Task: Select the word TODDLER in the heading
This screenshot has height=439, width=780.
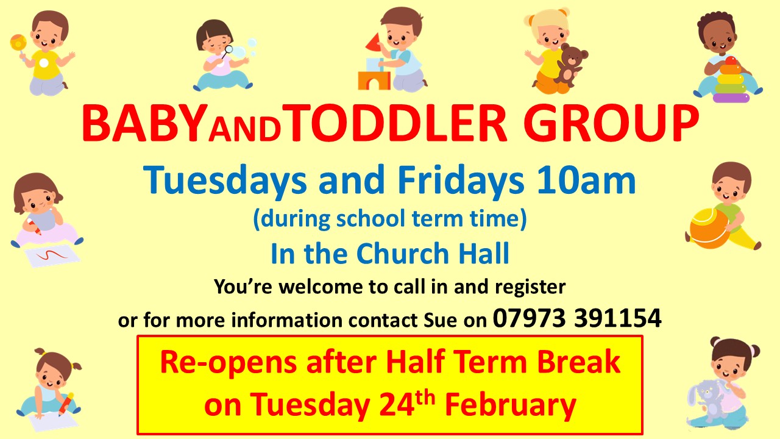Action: click(x=397, y=123)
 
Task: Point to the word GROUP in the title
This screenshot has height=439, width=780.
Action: click(x=611, y=123)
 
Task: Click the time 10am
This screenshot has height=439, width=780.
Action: click(x=586, y=180)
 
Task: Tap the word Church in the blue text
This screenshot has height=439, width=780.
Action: click(x=402, y=253)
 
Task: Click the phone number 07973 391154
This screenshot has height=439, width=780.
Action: click(x=576, y=318)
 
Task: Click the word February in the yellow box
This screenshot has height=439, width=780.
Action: click(x=510, y=405)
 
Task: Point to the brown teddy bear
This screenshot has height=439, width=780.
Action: click(x=570, y=65)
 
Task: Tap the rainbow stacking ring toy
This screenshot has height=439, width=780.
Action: click(x=731, y=80)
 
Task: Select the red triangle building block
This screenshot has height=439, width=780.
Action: click(x=374, y=41)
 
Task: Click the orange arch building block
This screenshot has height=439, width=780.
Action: click(x=374, y=80)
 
